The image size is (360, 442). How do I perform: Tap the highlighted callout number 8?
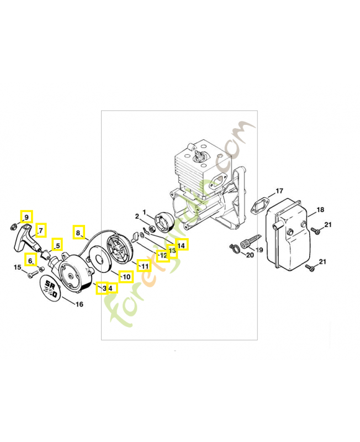coord(78,232)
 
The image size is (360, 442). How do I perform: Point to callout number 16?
coord(80,304)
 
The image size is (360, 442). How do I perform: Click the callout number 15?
coord(17,267)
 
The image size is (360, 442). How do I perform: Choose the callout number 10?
coord(126,276)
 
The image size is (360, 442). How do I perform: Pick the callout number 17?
coord(279,191)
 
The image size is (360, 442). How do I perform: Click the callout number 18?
coord(320,211)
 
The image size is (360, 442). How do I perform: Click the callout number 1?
coord(144,212)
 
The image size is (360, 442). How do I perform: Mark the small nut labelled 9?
coord(13,225)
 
